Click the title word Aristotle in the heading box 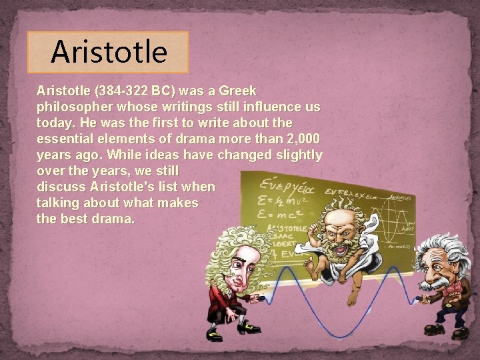(109, 52)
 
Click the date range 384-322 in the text (119, 90)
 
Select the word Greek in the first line (237, 90)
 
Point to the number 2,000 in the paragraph (301, 139)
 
